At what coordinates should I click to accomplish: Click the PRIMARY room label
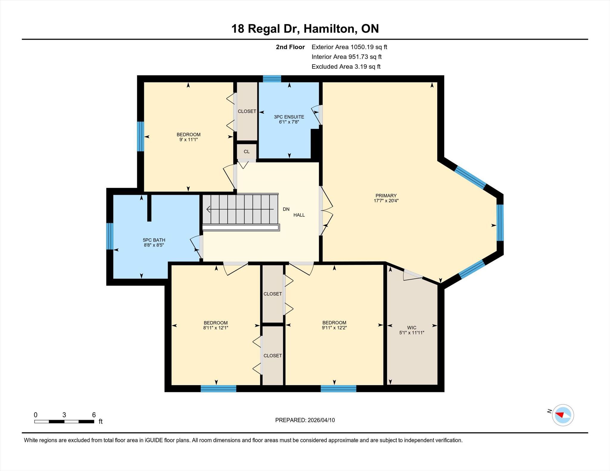coord(386,195)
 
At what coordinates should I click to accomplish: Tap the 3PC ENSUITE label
coord(289,117)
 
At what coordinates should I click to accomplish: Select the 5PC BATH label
coord(154,240)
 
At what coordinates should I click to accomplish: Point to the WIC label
coord(412,328)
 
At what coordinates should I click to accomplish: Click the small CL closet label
coord(247,151)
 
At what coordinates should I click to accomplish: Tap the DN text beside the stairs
coord(286,209)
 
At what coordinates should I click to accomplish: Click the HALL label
coord(299,215)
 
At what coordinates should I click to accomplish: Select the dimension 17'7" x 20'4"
coord(386,201)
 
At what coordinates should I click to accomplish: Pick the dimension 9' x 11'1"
coord(189,140)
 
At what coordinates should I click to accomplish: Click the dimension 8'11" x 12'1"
coord(216,328)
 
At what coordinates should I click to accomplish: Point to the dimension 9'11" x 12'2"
coord(334,328)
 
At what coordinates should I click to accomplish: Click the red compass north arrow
coord(560,414)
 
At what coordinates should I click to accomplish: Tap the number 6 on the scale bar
coord(94,415)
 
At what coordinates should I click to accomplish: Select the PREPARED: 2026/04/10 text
coord(305,420)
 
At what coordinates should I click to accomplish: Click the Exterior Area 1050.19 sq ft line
coord(349,47)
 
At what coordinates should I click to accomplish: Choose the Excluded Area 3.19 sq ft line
coord(346,67)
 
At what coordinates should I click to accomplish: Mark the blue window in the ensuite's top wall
coord(272,79)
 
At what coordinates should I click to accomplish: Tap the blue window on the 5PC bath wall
coord(110,236)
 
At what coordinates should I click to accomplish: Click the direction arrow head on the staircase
coord(208,209)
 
